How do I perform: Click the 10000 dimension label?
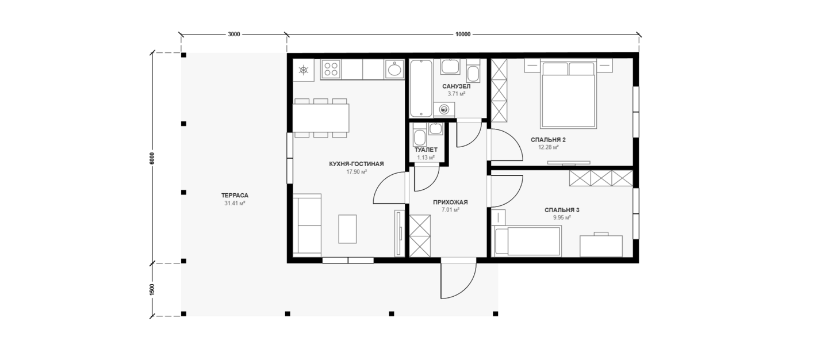463,35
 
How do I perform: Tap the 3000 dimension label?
233,35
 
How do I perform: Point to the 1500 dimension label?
152,289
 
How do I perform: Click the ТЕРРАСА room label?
235,196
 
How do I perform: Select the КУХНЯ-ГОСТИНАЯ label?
356,164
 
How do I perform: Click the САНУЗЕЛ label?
457,86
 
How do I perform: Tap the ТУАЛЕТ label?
426,150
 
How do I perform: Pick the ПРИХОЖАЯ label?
450,202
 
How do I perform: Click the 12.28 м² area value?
548,147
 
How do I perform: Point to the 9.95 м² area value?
562,218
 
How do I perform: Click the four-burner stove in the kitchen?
331,69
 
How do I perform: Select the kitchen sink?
394,69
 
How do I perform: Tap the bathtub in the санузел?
421,89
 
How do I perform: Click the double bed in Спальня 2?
569,95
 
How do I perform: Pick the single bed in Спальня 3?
527,242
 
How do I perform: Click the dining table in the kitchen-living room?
321,118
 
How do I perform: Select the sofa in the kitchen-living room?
307,224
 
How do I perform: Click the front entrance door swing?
458,279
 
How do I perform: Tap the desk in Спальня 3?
601,246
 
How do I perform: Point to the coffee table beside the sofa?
347,229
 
